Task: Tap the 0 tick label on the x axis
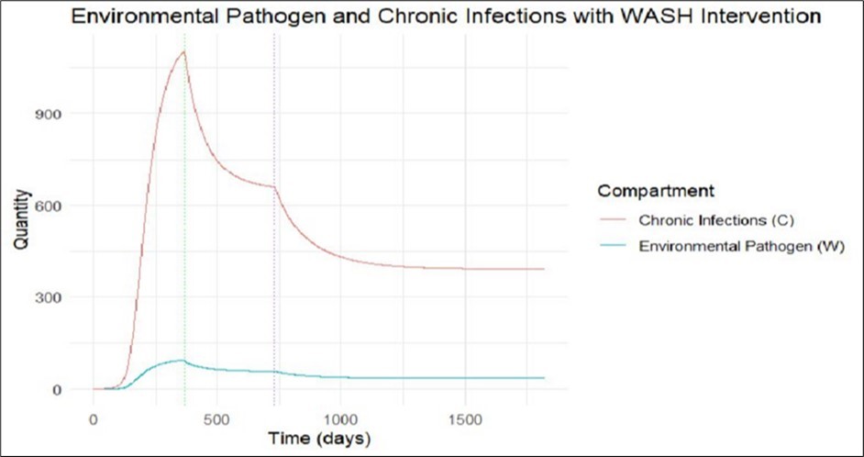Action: (93, 418)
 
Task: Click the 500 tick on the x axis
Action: (216, 418)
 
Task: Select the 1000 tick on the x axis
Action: (340, 418)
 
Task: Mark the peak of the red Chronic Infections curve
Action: (184, 52)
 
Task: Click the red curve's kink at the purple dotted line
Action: (275, 187)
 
